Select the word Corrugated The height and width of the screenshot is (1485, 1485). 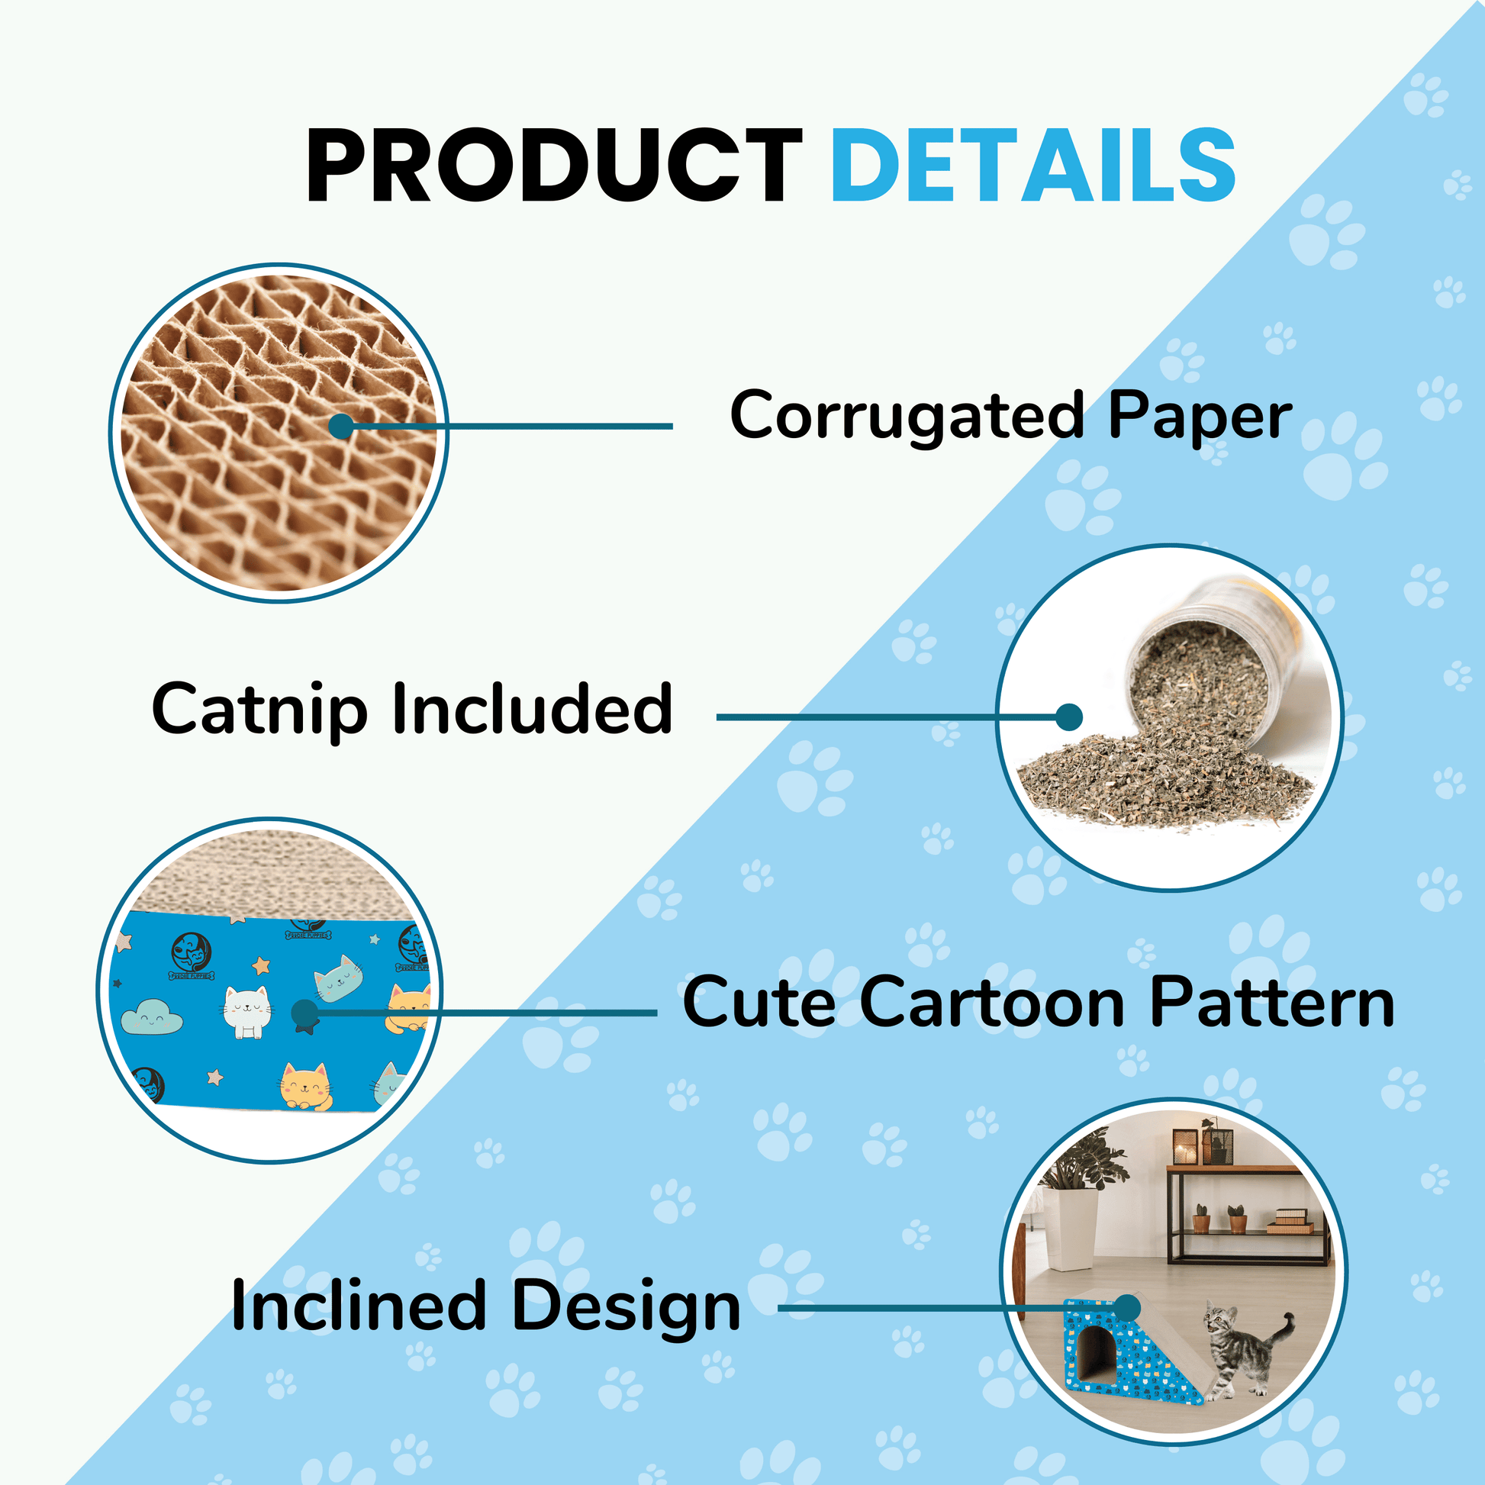point(907,416)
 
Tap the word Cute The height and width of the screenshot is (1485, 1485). point(759,1001)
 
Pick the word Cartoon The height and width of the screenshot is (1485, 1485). point(992,1001)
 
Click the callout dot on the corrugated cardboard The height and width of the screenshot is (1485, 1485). point(341,426)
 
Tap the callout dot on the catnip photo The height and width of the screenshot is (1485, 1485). point(1069,717)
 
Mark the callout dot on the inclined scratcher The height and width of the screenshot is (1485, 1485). point(1127,1307)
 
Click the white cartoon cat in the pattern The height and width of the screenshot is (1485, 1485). point(246,1012)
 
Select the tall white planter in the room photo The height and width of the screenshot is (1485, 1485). point(1070,1231)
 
